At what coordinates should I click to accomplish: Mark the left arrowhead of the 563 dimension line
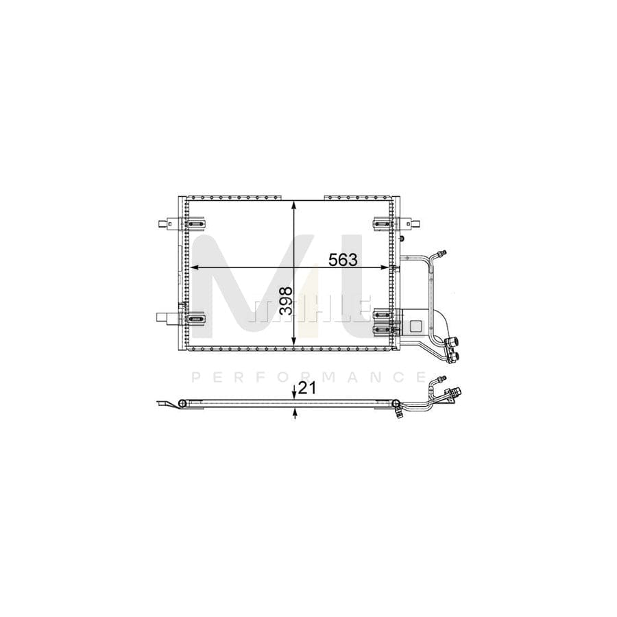coord(195,267)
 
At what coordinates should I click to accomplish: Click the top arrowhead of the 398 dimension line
coord(294,204)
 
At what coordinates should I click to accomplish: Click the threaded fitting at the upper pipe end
coord(444,254)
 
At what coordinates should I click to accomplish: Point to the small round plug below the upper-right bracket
coord(403,238)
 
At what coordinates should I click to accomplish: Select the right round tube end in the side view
coord(396,404)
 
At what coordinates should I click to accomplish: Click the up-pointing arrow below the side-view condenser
coord(295,413)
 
